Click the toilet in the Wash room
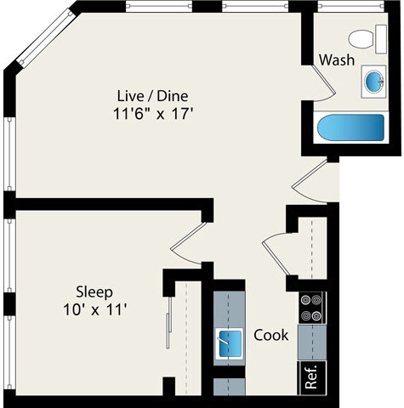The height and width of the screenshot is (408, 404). tap(364, 38)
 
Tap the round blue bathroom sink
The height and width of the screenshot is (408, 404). tap(373, 82)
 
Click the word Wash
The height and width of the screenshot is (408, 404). tap(337, 59)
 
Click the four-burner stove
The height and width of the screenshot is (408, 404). tap(312, 308)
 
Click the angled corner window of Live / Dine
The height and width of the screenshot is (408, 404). tap(37, 38)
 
